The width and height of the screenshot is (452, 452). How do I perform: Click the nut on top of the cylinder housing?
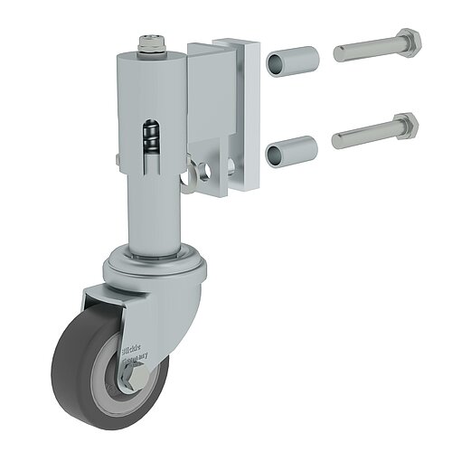[152, 42]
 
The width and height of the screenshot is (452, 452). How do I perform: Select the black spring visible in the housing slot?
[153, 137]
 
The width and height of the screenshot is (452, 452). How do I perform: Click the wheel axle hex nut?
[126, 372]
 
